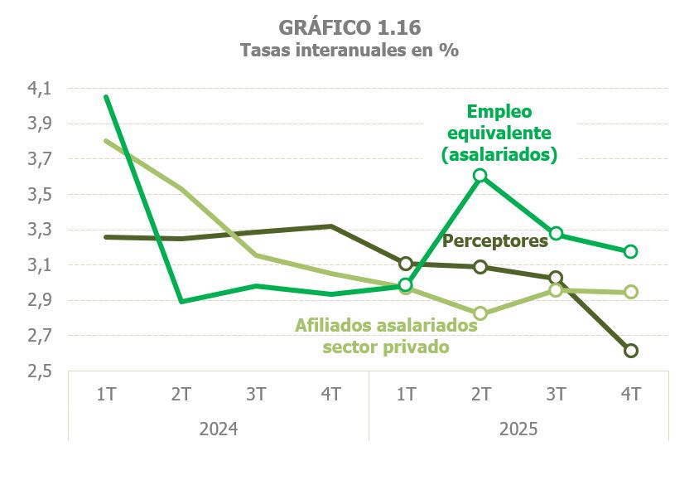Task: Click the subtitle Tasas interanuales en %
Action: click(x=349, y=50)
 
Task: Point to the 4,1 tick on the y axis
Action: click(x=40, y=89)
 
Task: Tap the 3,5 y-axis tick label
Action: click(x=40, y=195)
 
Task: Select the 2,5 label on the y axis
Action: click(x=40, y=371)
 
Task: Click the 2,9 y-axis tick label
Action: click(x=40, y=301)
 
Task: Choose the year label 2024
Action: click(x=219, y=429)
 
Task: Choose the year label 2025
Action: click(x=518, y=429)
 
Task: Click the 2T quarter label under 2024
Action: click(x=181, y=394)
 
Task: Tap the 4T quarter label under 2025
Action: click(x=631, y=394)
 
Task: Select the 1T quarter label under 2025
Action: click(x=406, y=394)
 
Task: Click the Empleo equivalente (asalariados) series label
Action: click(x=499, y=132)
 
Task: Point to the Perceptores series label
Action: click(x=496, y=241)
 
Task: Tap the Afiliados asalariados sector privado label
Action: click(x=387, y=336)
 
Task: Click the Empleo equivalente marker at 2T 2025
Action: click(x=480, y=176)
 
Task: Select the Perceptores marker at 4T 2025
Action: click(x=631, y=351)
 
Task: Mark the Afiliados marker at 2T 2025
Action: click(x=480, y=313)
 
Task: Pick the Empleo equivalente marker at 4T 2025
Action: click(x=631, y=251)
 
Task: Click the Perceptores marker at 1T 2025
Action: click(x=406, y=264)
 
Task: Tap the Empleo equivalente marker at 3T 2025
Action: click(x=556, y=234)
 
